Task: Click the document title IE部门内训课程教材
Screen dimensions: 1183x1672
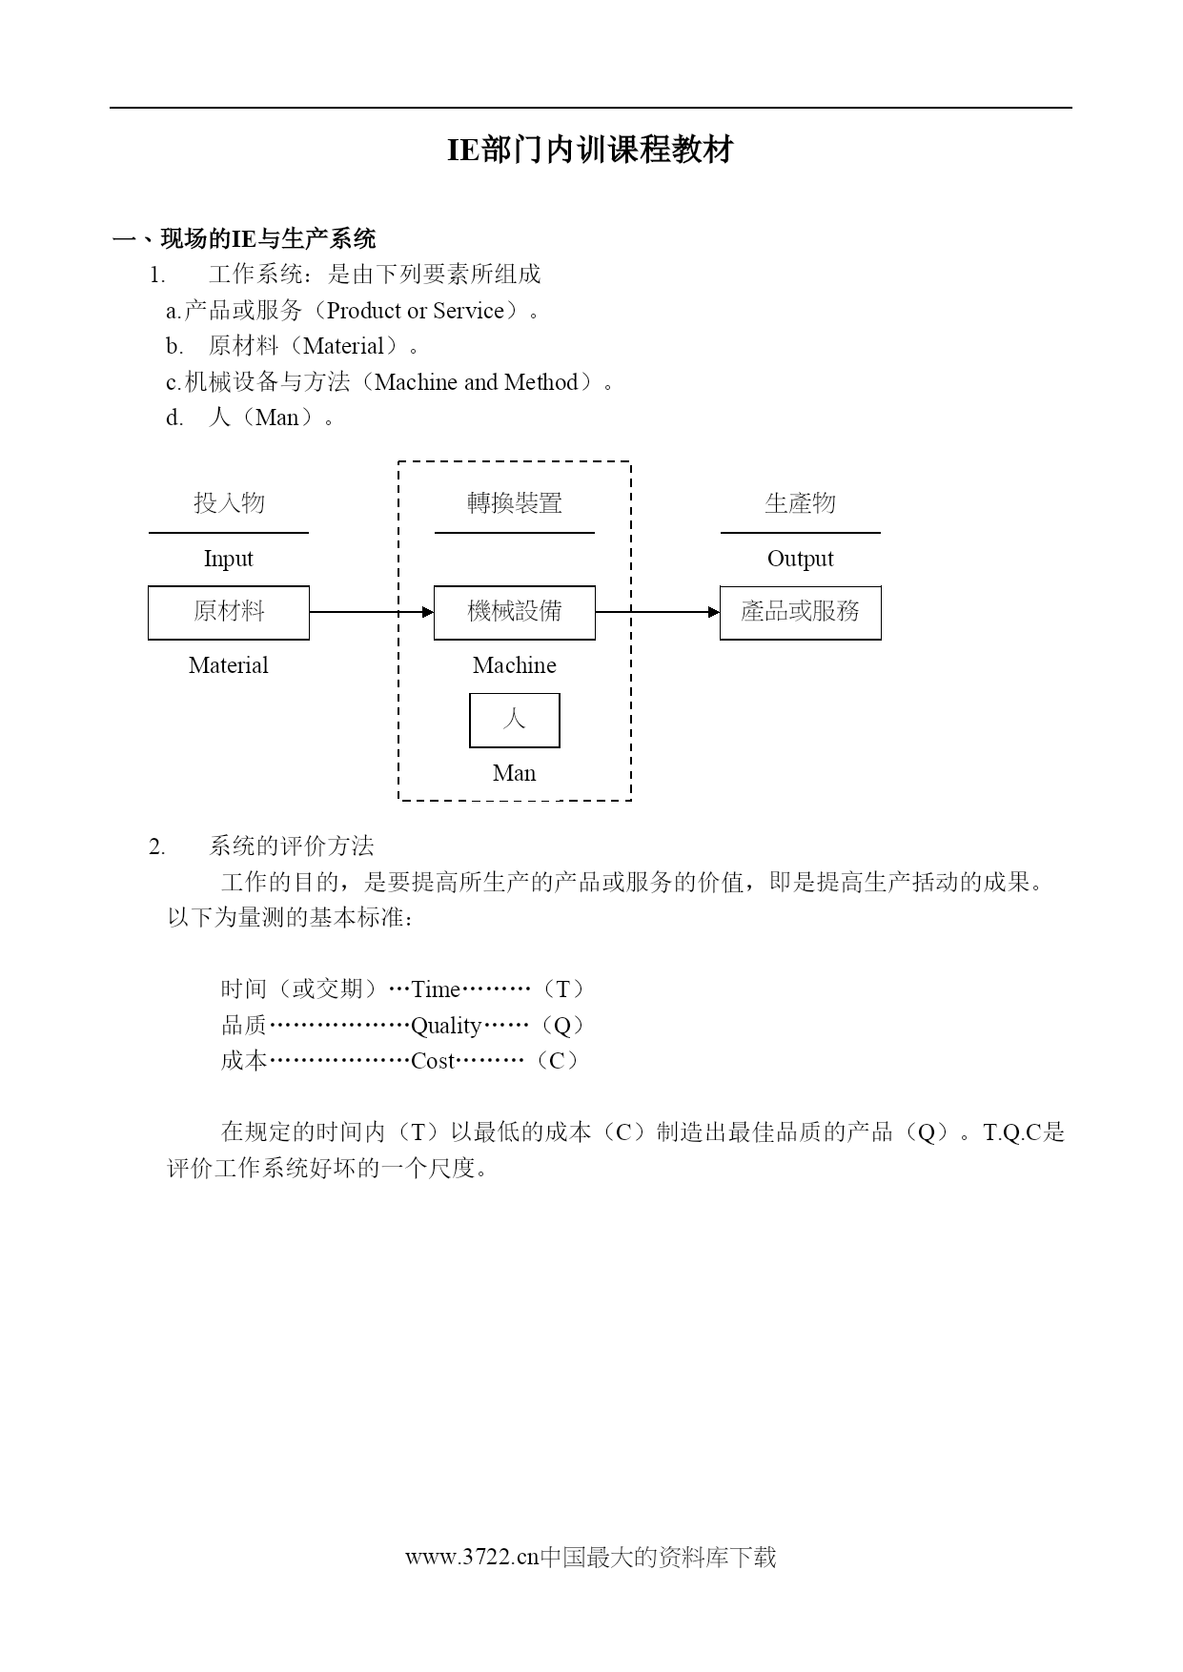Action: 590,150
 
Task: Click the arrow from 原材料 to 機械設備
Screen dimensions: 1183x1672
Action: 372,612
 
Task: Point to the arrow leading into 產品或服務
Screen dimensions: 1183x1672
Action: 658,612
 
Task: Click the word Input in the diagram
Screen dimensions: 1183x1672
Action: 229,559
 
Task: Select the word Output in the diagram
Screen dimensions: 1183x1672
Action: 801,559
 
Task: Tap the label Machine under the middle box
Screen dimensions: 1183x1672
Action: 515,665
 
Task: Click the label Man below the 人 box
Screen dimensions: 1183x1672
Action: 515,773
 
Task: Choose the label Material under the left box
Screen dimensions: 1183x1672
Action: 229,665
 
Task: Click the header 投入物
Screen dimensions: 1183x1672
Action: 229,502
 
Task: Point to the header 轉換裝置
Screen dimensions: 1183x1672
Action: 515,502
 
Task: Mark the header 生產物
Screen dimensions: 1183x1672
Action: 801,502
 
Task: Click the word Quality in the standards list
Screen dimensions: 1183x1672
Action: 446,1026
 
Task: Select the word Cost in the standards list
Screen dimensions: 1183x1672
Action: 433,1061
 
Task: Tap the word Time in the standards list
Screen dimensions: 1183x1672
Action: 436,989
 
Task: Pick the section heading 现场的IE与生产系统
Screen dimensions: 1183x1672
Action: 268,238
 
